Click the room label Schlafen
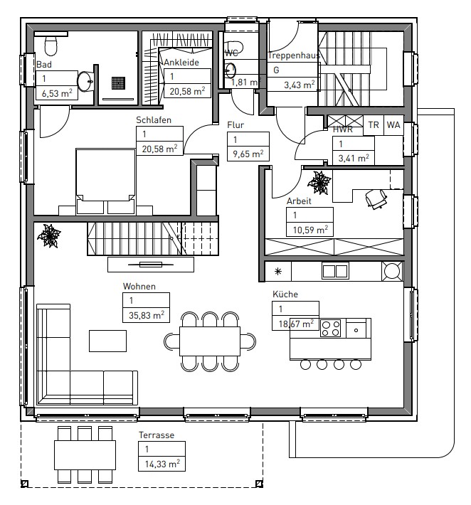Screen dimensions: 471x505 tap(154, 120)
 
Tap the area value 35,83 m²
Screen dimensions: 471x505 tap(147, 315)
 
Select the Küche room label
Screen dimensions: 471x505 tap(285, 294)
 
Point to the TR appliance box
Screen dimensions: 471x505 tap(374, 124)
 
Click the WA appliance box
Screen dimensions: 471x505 tap(393, 124)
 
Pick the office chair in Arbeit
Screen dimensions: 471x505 tap(376, 198)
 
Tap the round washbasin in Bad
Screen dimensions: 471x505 tap(85, 82)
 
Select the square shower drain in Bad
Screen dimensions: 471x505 tap(119, 83)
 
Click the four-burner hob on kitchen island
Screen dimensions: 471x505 tap(331, 328)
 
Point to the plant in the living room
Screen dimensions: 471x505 tap(49, 236)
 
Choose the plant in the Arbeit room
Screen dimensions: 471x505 tap(319, 183)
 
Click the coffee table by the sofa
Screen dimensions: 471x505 tap(107, 341)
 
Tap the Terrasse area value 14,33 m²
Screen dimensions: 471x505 tap(162, 464)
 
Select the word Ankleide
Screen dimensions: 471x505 tap(181, 62)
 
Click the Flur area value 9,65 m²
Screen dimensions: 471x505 tap(248, 154)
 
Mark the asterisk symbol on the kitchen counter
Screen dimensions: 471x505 tap(278, 272)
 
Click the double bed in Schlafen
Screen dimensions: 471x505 tap(106, 181)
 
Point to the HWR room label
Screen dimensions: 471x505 tap(343, 129)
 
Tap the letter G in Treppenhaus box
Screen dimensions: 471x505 tap(276, 70)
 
